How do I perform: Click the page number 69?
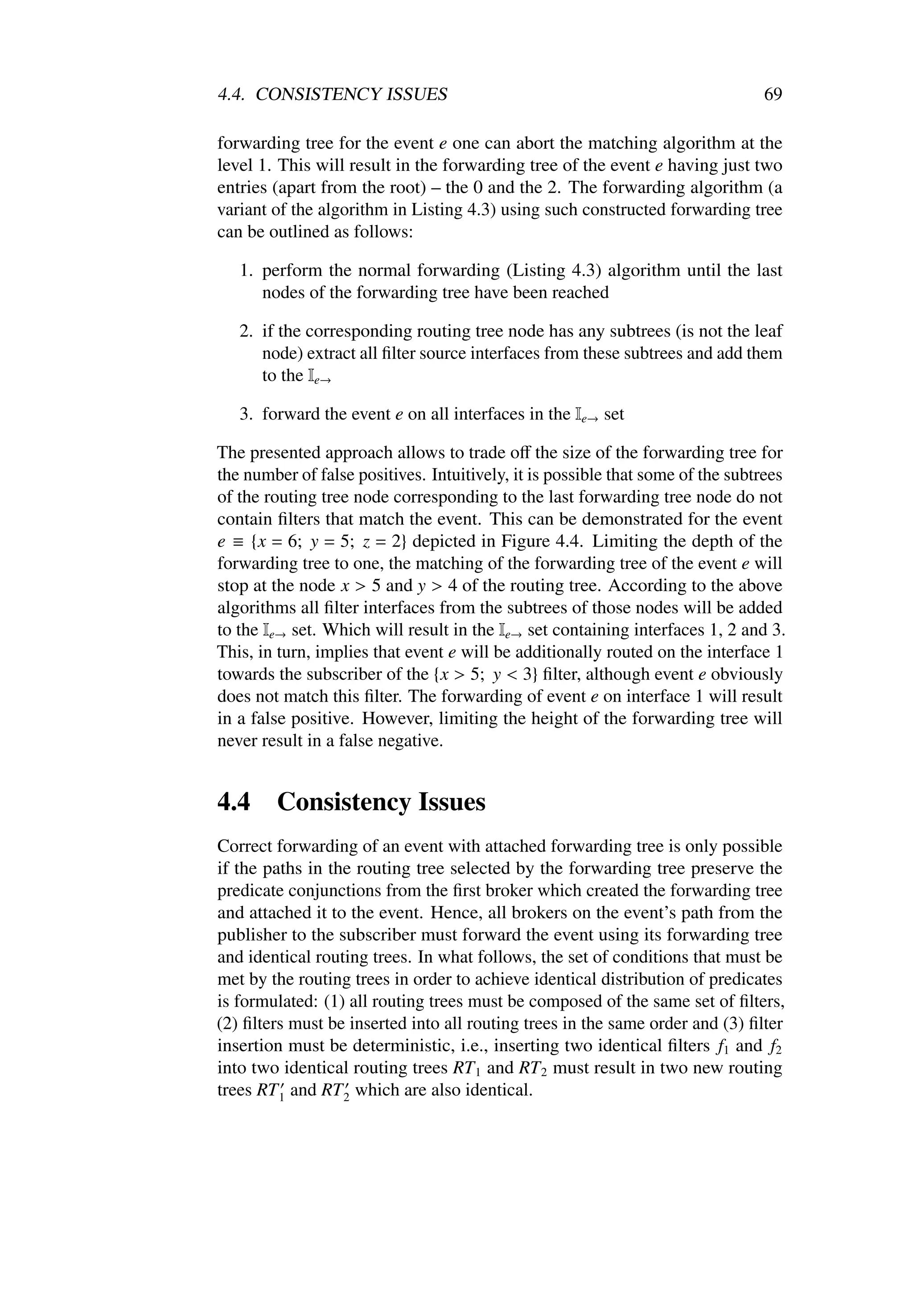click(773, 95)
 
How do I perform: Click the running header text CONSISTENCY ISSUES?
click(351, 95)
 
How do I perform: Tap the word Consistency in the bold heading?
click(344, 802)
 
